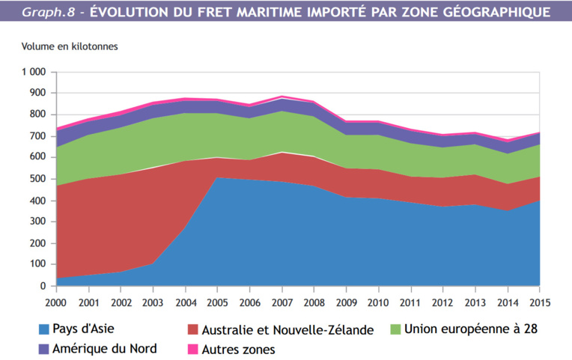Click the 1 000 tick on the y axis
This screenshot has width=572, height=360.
(33, 72)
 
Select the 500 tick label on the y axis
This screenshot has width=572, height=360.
(37, 179)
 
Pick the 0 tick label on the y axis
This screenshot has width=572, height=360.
(43, 286)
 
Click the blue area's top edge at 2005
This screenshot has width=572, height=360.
(217, 177)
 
